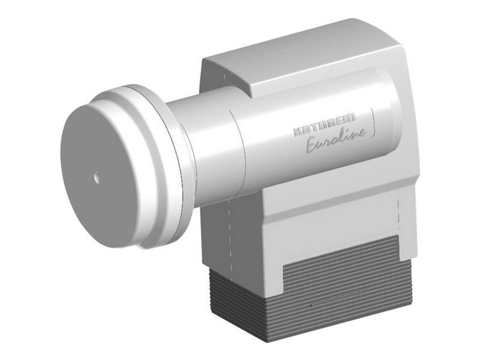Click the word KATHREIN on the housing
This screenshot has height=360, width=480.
[325, 124]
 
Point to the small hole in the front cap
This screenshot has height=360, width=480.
[97, 178]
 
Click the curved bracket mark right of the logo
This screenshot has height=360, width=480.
[373, 123]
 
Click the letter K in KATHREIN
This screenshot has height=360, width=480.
[298, 131]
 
